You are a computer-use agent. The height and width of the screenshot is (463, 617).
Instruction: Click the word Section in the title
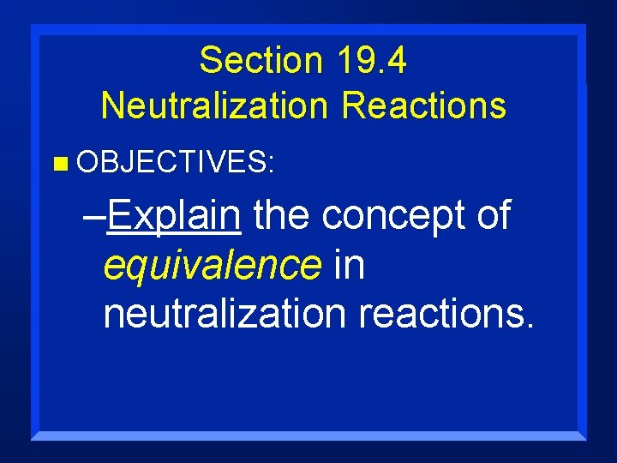[253, 62]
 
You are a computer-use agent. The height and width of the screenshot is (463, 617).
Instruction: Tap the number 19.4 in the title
[371, 62]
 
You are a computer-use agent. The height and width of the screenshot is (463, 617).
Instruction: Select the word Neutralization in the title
[215, 106]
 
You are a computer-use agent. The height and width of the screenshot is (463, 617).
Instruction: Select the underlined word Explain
[175, 215]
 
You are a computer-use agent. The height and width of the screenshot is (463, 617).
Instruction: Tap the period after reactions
[530, 326]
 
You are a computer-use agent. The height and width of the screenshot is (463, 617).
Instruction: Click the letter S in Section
[208, 62]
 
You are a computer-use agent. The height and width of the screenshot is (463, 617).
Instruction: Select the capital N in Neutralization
[111, 106]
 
